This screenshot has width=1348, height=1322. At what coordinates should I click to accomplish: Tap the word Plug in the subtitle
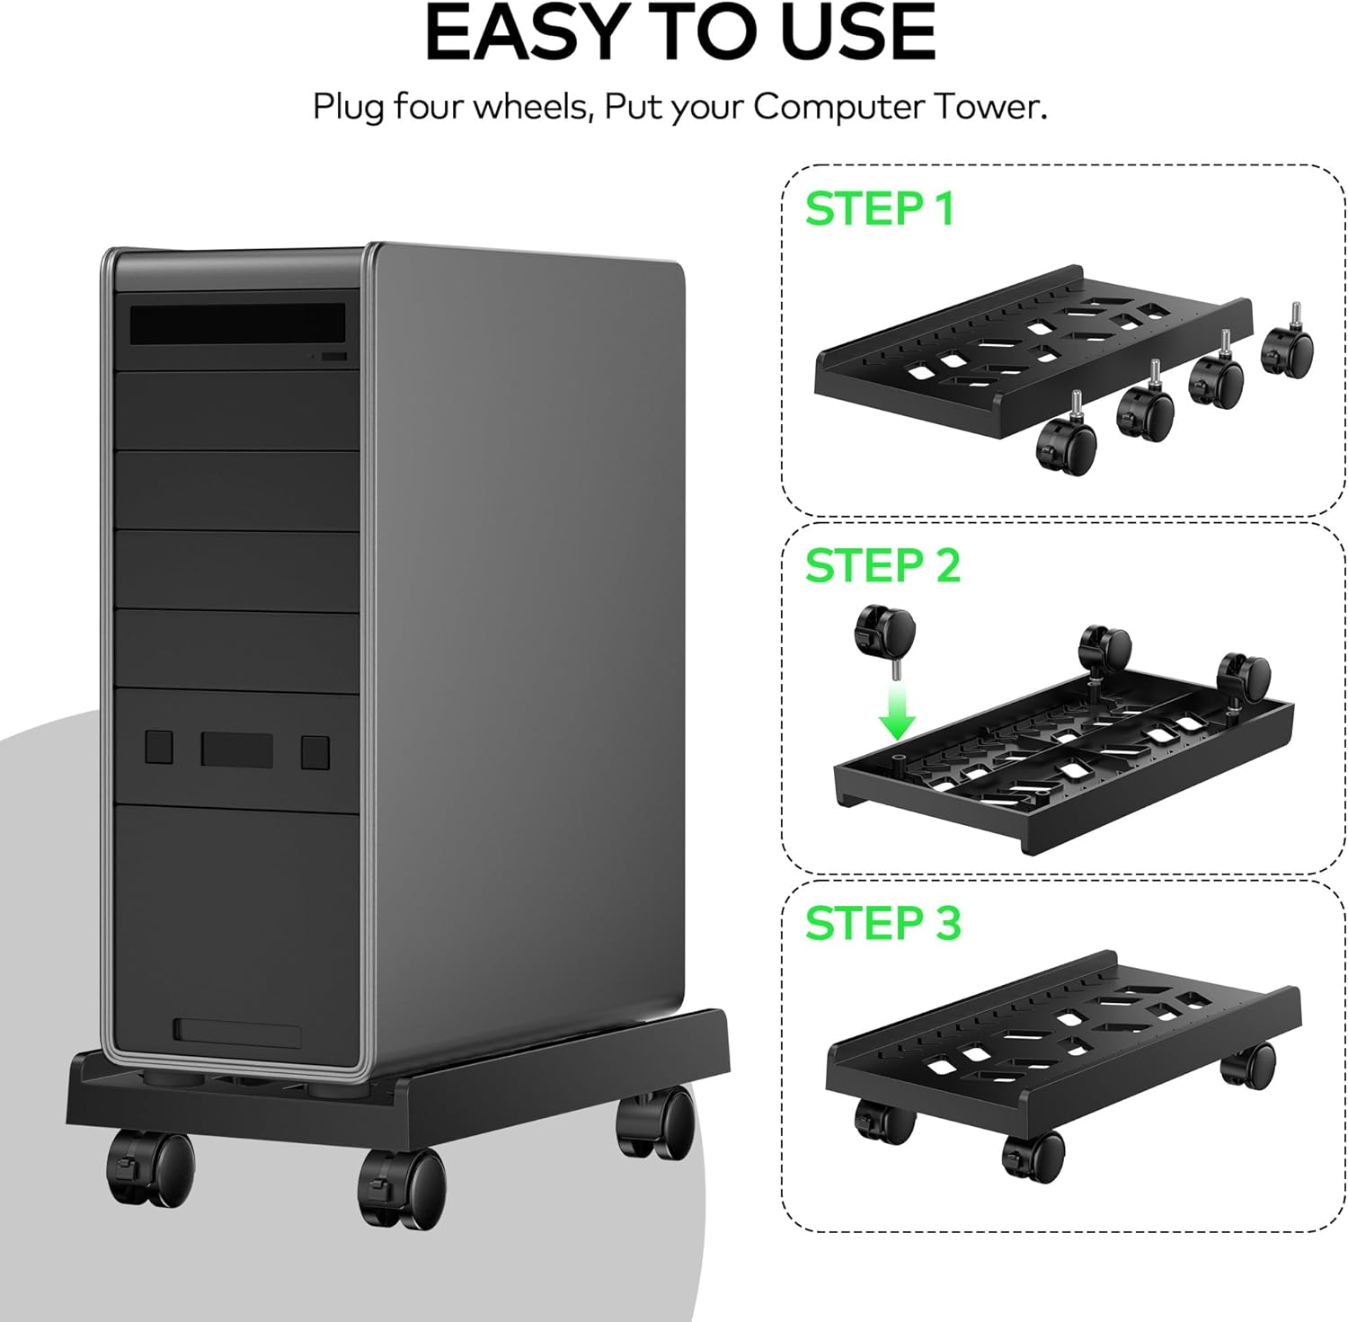tap(350, 107)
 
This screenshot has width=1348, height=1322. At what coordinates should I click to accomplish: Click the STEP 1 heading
tap(879, 209)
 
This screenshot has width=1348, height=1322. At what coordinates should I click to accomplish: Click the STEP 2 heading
tap(882, 565)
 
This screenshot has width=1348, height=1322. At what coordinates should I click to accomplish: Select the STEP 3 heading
tap(882, 923)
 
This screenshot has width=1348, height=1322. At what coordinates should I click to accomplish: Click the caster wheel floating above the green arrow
tap(883, 630)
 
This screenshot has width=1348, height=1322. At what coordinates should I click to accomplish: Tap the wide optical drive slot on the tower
tap(237, 324)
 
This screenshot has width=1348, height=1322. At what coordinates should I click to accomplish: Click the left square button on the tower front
tap(159, 747)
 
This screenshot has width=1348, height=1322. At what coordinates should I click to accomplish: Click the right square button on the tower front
tap(315, 751)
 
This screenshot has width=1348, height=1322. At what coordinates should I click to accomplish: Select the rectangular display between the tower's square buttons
tap(236, 749)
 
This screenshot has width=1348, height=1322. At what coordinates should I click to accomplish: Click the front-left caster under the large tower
tap(150, 1168)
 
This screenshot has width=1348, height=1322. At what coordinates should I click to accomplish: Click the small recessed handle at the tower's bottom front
tap(237, 1032)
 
